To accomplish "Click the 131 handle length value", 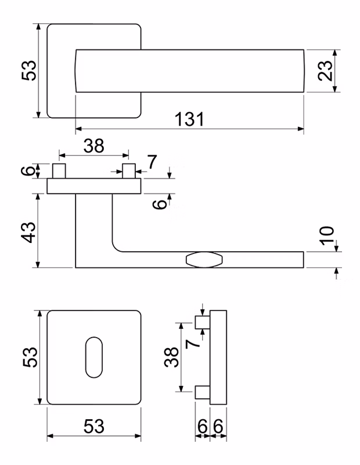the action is (x=189, y=119).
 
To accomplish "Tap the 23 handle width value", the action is (x=325, y=70).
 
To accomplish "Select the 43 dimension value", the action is (x=30, y=232).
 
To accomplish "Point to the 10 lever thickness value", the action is (x=327, y=235).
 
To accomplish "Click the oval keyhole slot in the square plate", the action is (x=94, y=357).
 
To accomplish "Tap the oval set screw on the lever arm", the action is (x=204, y=260).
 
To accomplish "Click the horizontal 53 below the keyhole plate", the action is (x=93, y=426).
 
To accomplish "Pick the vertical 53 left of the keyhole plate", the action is (x=30, y=357).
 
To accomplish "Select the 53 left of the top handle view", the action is (x=28, y=70).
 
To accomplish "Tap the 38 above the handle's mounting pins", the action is (x=93, y=146).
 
